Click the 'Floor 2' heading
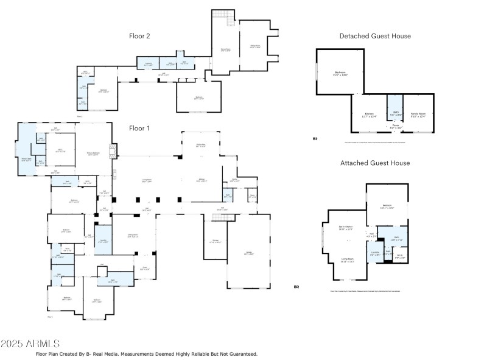click(139, 36)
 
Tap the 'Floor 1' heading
click(139, 129)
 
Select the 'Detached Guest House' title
click(375, 36)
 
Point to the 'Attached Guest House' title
click(375, 163)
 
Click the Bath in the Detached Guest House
click(395, 113)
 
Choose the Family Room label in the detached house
click(418, 114)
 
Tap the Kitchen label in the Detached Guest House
click(370, 115)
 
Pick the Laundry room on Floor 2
click(148, 63)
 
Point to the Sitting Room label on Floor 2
click(254, 47)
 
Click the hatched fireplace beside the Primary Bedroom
click(112, 150)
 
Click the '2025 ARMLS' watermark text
click(30, 344)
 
